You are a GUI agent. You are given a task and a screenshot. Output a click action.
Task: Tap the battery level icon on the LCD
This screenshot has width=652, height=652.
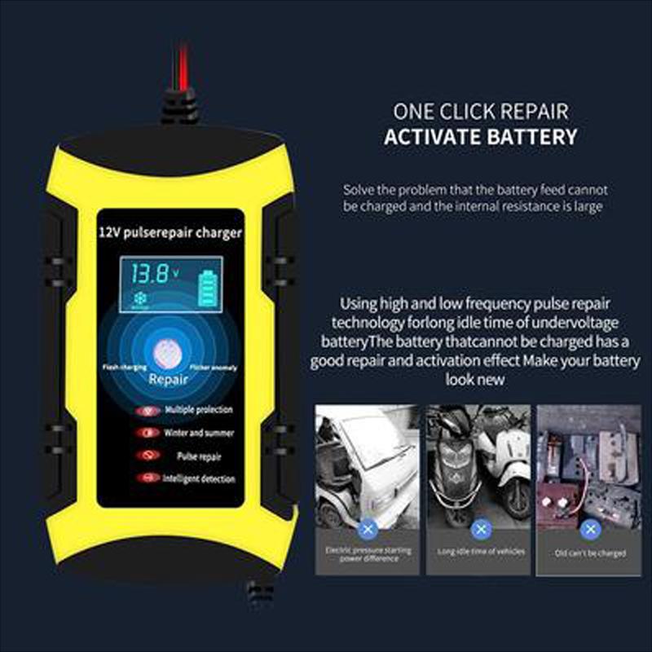(210, 286)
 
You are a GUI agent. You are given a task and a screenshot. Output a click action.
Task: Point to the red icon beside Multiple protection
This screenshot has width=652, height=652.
(148, 411)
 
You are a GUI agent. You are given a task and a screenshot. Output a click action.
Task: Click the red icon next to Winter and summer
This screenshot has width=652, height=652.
(148, 434)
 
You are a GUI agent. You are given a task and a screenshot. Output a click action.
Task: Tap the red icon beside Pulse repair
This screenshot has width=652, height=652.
(148, 456)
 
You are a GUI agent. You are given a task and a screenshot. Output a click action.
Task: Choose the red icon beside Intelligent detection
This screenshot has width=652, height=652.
(148, 478)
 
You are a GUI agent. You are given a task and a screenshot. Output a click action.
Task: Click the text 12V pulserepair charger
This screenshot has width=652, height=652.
(169, 234)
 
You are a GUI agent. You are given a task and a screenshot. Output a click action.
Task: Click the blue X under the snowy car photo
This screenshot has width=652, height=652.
(368, 530)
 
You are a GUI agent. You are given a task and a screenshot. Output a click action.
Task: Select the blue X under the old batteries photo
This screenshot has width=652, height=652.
(589, 530)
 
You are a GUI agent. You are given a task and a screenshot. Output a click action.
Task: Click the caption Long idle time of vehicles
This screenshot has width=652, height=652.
(480, 552)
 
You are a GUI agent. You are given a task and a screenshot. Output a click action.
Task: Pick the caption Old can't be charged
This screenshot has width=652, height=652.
(590, 553)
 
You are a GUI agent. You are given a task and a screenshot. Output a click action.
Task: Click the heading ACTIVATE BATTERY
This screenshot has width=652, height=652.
(481, 136)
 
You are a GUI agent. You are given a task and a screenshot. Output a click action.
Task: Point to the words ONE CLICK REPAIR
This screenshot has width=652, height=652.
(481, 110)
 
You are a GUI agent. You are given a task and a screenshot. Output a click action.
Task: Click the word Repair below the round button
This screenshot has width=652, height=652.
(169, 379)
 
